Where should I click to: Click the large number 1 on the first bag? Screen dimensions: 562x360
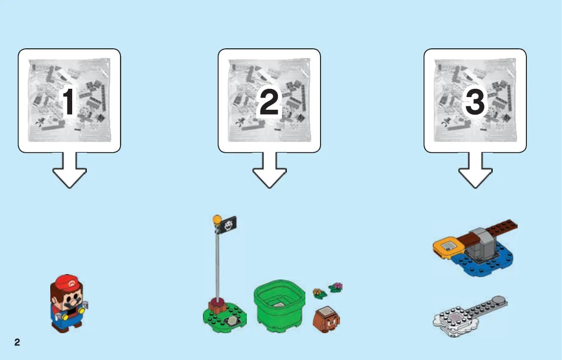(68, 102)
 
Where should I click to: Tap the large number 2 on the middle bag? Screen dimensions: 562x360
(269, 102)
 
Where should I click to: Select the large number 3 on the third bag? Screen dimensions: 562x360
(475, 102)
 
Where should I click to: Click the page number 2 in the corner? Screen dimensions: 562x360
(17, 342)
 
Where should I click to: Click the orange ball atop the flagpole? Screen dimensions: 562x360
(217, 219)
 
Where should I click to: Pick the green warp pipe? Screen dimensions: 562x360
(280, 305)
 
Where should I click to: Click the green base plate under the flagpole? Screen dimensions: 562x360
(224, 317)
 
